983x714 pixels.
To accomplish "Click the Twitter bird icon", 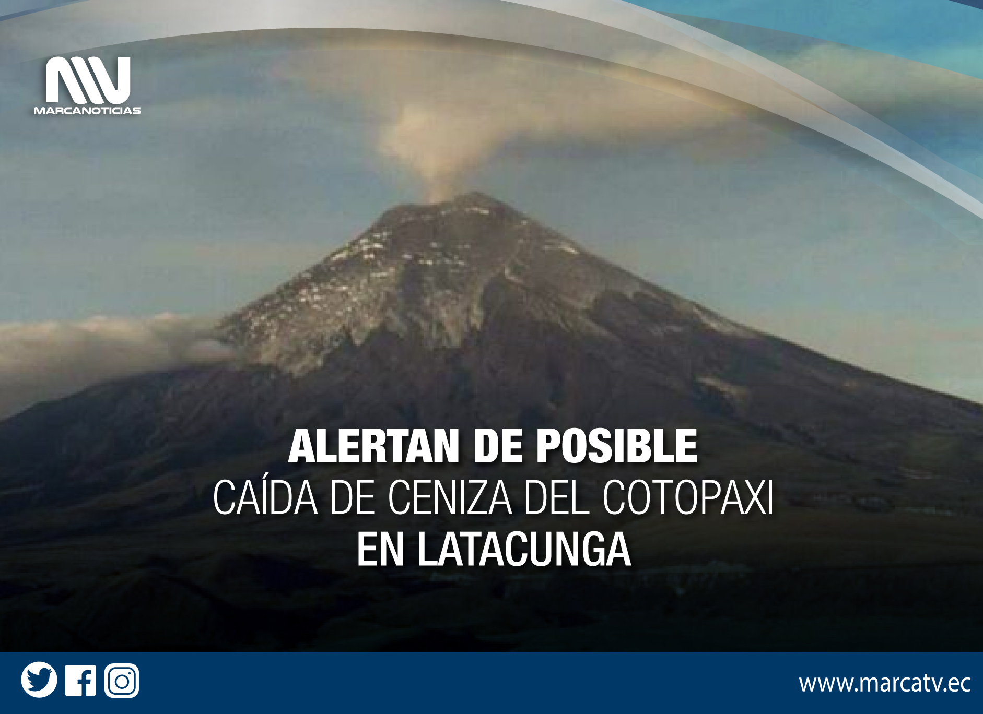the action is tap(39, 680).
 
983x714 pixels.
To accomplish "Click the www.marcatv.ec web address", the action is tap(884, 683).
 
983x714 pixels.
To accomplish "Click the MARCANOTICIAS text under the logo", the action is tap(87, 111).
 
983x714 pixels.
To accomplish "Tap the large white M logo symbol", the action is tap(88, 80).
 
